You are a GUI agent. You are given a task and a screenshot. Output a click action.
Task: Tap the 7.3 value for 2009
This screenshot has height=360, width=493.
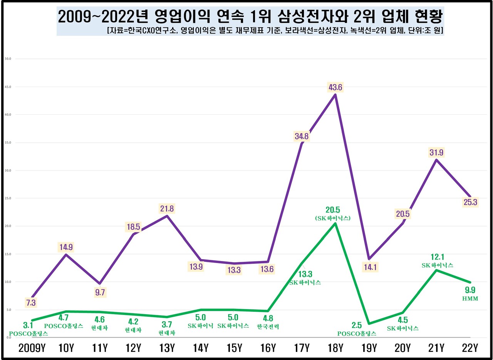click(31, 303)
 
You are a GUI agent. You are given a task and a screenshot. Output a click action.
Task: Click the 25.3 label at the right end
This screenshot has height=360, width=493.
click(470, 201)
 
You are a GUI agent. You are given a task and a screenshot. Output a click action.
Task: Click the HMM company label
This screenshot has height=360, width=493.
click(470, 298)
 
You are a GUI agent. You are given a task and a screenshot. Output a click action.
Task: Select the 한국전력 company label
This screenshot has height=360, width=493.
click(268, 327)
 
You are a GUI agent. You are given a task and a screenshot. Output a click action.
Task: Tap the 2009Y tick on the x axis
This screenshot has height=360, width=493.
click(32, 348)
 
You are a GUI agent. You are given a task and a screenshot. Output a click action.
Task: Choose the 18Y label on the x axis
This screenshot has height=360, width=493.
click(335, 348)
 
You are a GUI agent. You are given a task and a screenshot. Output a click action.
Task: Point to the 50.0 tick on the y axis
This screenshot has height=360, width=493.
click(8, 59)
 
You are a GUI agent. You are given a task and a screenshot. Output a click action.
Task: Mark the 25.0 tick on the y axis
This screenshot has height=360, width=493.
click(8, 198)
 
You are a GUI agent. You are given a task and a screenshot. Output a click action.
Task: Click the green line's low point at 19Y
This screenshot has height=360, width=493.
click(369, 323)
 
